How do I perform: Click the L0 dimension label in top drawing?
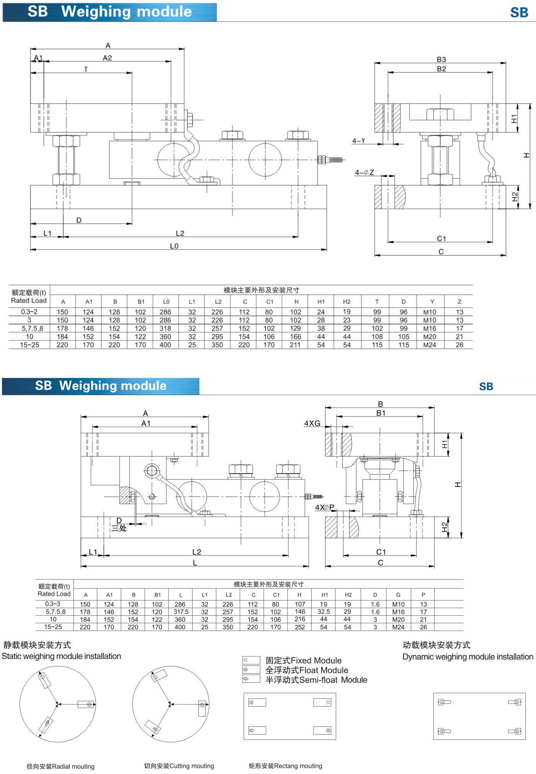(x=174, y=246)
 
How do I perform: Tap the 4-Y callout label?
(x=359, y=141)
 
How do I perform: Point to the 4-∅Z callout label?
(x=364, y=172)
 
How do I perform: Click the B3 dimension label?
(x=441, y=59)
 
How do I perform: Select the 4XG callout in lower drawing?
(x=312, y=423)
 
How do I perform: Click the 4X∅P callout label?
(x=324, y=507)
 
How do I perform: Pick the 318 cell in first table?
(x=165, y=328)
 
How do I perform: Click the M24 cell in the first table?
(x=430, y=345)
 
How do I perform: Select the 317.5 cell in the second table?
(x=181, y=612)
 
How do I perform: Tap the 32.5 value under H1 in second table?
(x=324, y=612)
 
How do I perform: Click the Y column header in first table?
(x=432, y=302)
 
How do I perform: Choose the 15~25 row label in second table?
(x=53, y=627)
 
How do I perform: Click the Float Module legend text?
(x=307, y=670)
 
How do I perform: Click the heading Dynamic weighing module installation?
(x=467, y=657)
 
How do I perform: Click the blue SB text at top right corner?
(x=519, y=13)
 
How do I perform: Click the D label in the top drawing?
(x=79, y=220)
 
